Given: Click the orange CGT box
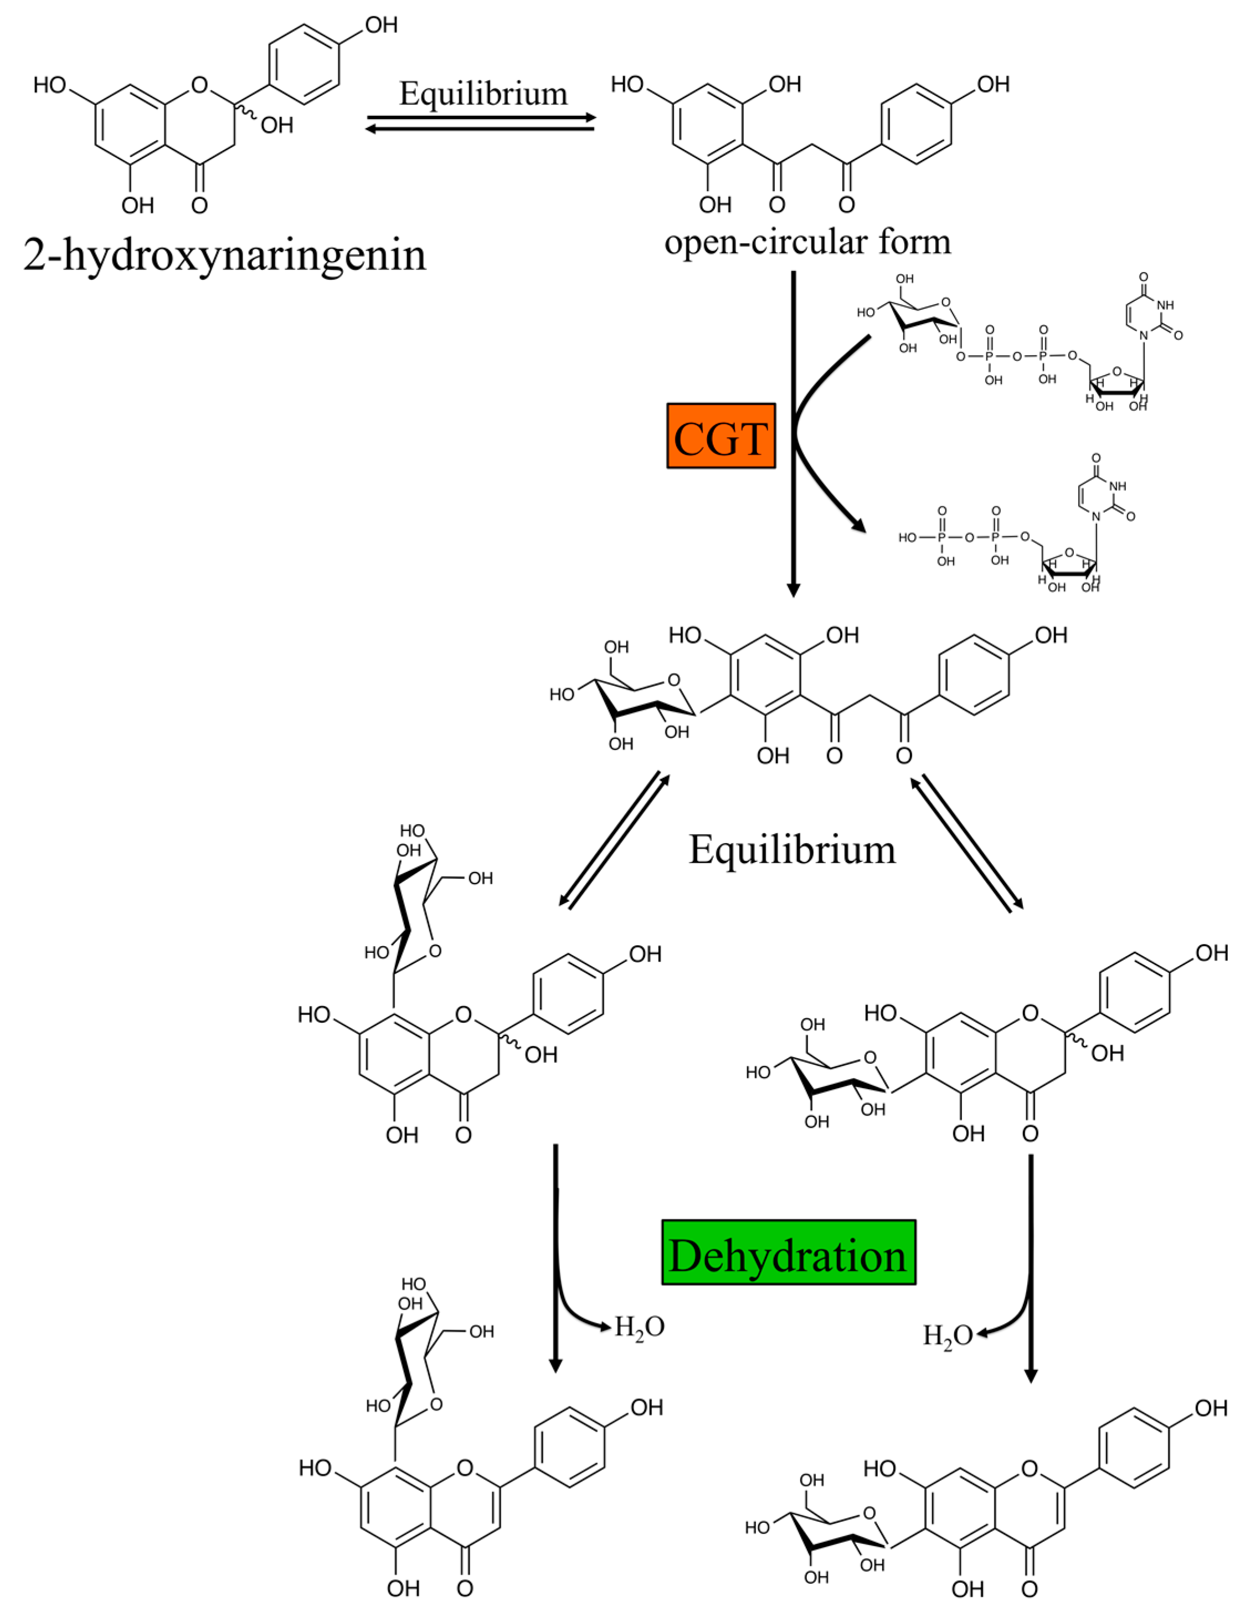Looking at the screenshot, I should (721, 436).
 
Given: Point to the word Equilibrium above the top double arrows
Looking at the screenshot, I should (483, 94).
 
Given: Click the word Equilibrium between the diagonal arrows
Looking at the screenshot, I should (792, 849).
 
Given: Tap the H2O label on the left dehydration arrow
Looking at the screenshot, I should (639, 1326).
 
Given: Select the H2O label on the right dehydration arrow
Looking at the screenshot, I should (946, 1336).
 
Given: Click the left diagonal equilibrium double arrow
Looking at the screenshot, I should (614, 840).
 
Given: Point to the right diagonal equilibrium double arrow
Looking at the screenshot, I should (971, 840).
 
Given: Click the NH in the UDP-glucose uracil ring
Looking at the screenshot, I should (1164, 305).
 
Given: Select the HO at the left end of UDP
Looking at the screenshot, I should (907, 537).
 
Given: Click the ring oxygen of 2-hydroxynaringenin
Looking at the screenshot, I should (199, 85).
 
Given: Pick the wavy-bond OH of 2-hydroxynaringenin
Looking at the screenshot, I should (276, 125).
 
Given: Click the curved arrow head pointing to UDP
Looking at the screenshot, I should (860, 527).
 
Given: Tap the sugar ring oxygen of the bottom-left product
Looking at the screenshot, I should (436, 1404).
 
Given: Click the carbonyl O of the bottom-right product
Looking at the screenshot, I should (1030, 1588).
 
